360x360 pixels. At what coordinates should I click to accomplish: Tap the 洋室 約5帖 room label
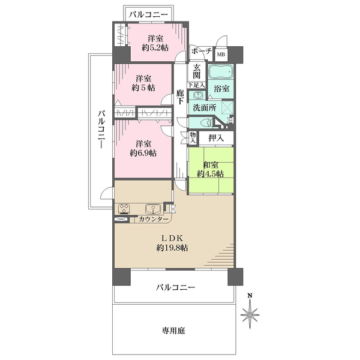tap(143, 83)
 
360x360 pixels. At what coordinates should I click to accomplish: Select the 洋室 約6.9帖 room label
tap(143, 148)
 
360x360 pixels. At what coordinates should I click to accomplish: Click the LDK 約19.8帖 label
tap(172, 242)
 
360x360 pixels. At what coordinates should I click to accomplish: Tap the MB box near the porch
tap(221, 53)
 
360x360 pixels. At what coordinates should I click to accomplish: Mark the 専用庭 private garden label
tap(172, 330)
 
